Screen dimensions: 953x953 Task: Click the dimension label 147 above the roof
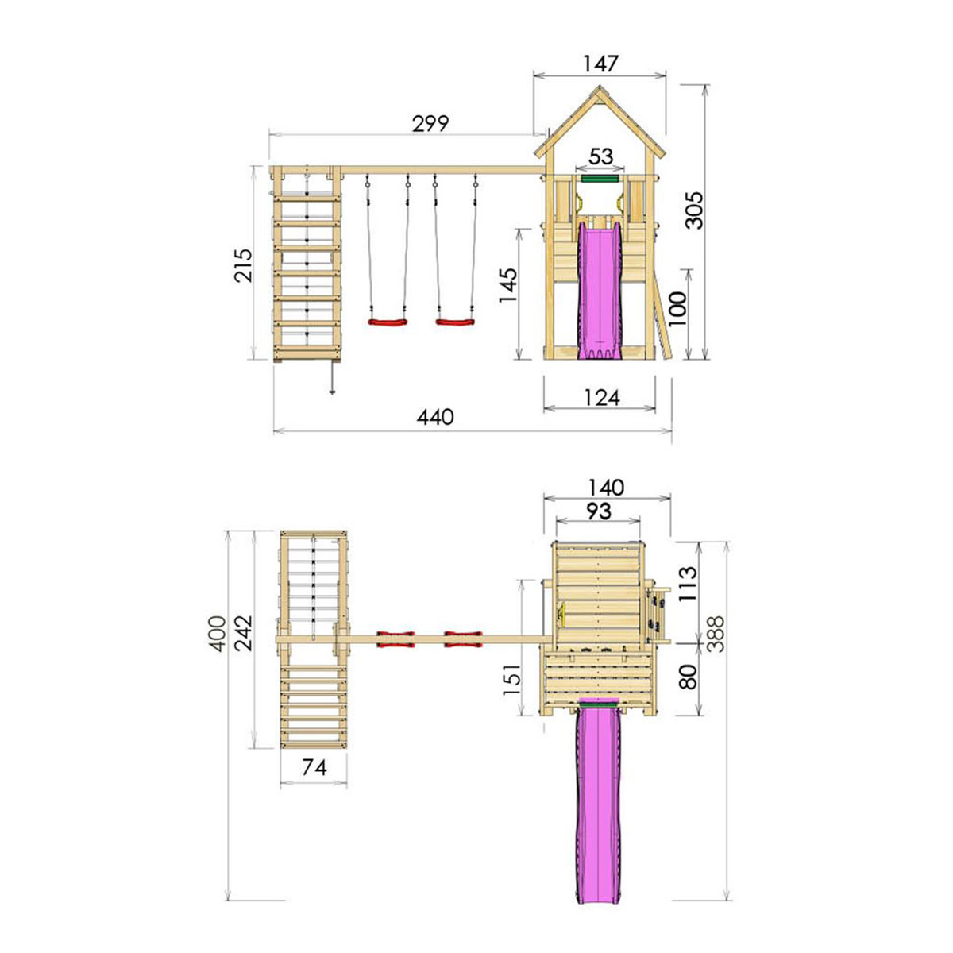tap(600, 64)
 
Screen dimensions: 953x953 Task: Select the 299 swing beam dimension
tap(430, 124)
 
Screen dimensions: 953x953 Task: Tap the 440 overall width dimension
tap(434, 417)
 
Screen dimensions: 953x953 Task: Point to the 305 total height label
tap(694, 210)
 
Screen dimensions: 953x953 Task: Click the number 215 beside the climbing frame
tap(243, 265)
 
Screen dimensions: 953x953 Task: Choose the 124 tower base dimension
tap(601, 398)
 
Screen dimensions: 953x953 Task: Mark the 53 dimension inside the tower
tap(601, 156)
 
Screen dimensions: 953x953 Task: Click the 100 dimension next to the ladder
tap(677, 308)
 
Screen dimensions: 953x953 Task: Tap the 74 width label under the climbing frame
tap(314, 767)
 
